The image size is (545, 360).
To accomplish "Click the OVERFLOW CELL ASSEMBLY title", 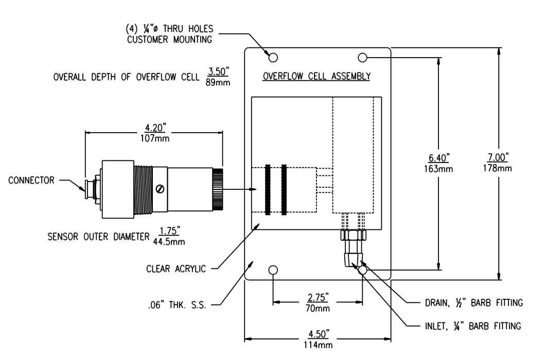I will tap(316, 77).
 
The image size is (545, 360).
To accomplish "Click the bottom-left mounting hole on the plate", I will tap(273, 270).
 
